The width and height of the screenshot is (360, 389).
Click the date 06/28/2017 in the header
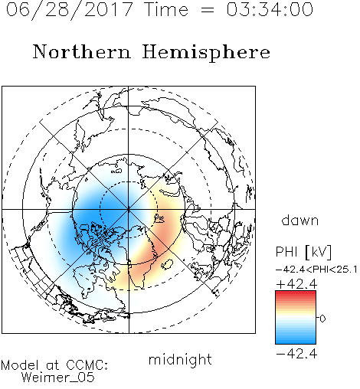coord(69,10)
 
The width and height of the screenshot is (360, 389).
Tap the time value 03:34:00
coord(270,9)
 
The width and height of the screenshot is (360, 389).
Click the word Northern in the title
coord(82,51)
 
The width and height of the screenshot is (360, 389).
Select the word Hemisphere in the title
coord(206,52)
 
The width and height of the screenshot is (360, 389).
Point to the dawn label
coord(300,220)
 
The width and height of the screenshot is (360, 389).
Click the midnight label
coord(180,360)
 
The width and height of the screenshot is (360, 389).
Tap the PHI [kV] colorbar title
coord(303,252)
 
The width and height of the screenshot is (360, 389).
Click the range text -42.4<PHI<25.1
coord(316,270)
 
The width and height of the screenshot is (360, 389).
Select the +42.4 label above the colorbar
coord(296,284)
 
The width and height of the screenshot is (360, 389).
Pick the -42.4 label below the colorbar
coord(296,354)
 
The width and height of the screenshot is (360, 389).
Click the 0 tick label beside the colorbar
coord(322,319)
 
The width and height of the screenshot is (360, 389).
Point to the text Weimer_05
coord(58,378)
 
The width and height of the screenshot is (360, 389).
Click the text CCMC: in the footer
coord(87,365)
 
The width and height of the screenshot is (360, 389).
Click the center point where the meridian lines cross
coord(129,210)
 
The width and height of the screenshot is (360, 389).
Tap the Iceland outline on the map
coord(167,264)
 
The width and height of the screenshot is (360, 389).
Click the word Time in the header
coord(166,9)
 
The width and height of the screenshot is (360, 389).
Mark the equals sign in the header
coord(208,11)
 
